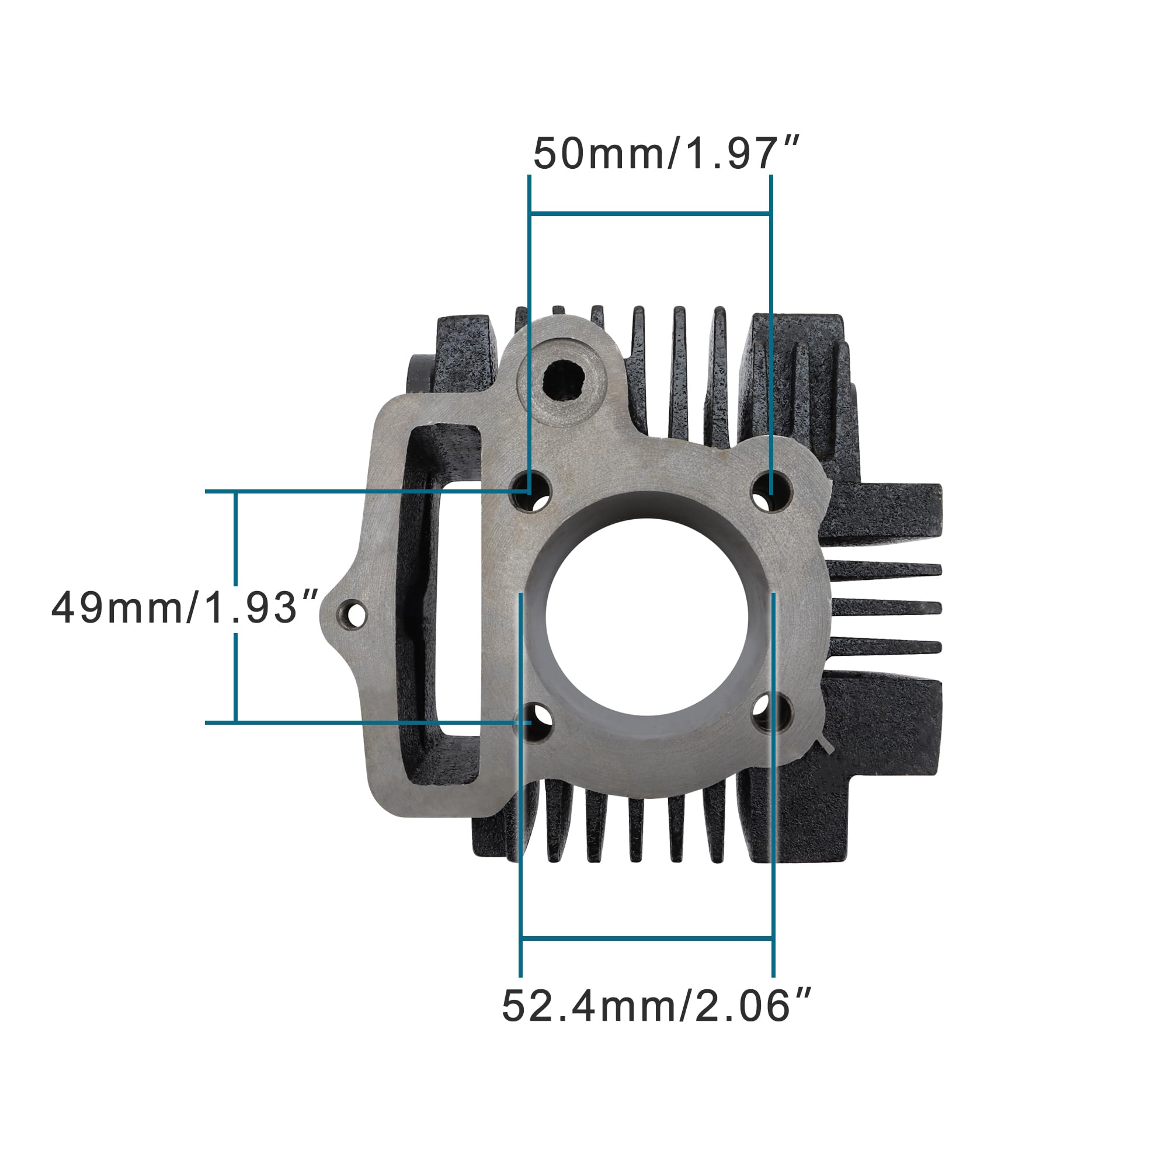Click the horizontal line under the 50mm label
pyautogui.click(x=650, y=213)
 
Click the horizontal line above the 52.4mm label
pyautogui.click(x=647, y=938)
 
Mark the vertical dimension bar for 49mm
pyautogui.click(x=235, y=544)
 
